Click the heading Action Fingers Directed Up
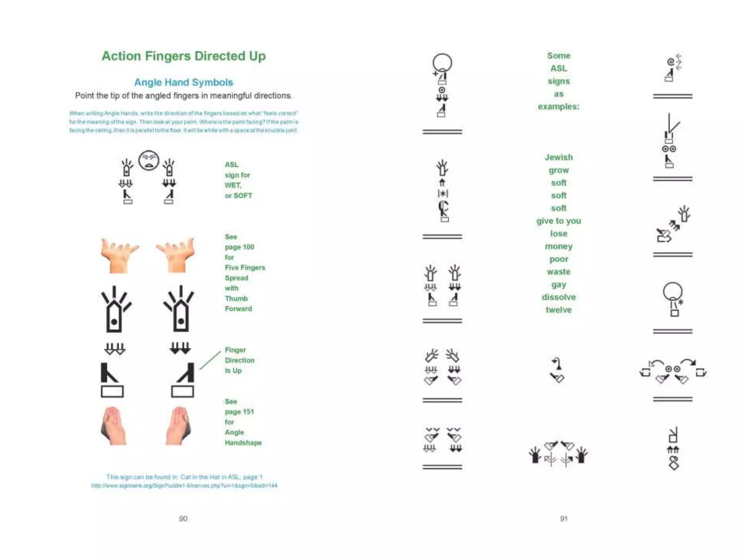(184, 56)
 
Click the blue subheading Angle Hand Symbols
(184, 82)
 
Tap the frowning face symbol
(149, 160)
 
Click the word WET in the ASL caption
(232, 185)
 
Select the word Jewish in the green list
(558, 157)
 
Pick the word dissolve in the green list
(558, 297)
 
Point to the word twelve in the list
(558, 310)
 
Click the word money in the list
(558, 246)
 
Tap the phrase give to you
(558, 221)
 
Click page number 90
(183, 518)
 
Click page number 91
(564, 518)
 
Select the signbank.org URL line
(184, 485)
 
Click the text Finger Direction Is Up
(239, 360)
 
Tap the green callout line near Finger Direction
(210, 360)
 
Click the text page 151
(239, 412)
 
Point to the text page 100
(239, 247)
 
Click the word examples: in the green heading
(558, 107)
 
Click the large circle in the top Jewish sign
(442, 62)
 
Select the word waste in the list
(558, 271)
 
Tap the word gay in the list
(558, 285)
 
